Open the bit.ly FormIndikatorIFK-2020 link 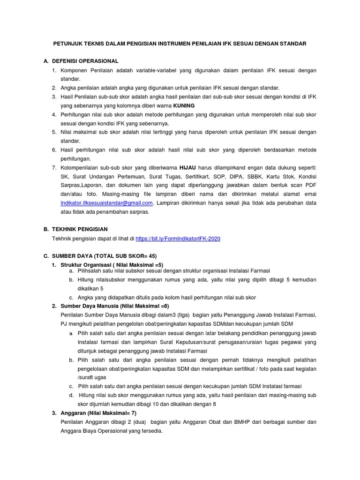point(178,239)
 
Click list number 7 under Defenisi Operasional point(54,167)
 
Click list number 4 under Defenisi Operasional point(54,114)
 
